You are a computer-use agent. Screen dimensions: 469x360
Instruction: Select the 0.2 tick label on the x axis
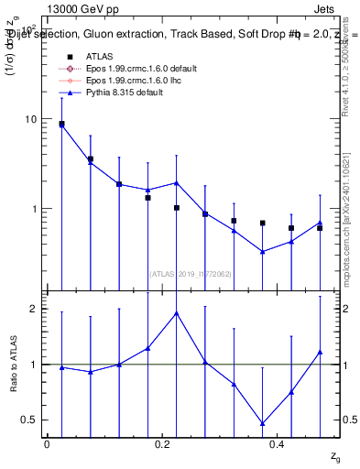(x=162, y=444)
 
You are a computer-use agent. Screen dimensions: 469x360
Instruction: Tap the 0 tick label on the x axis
(x=47, y=444)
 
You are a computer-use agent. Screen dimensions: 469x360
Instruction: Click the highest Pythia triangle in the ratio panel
(x=176, y=312)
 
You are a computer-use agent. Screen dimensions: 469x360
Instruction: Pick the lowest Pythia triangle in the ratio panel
(x=262, y=423)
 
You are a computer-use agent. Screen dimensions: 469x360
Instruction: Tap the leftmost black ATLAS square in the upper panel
(x=61, y=124)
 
